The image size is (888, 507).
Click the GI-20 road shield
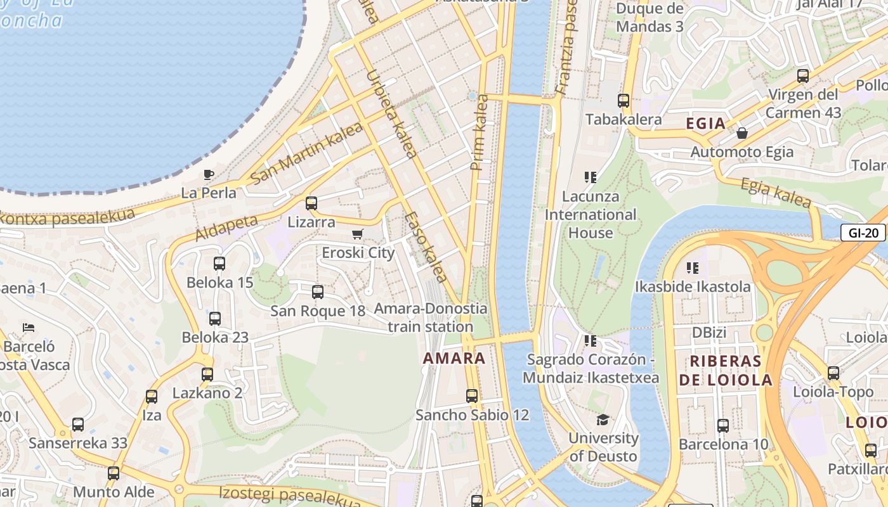(x=863, y=233)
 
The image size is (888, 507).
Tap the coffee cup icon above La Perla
(x=208, y=175)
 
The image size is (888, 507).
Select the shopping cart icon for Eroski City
(x=358, y=234)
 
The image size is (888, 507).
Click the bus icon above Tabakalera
(x=624, y=100)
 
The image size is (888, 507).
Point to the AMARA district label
(x=454, y=358)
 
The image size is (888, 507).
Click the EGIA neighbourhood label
(x=706, y=124)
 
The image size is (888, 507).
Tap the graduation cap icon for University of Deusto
(x=603, y=420)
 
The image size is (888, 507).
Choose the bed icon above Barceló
(x=29, y=328)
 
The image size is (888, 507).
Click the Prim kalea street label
(x=479, y=132)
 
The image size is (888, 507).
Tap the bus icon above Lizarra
(x=311, y=203)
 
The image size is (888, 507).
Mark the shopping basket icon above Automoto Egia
(x=741, y=133)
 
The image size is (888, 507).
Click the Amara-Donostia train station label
(x=431, y=318)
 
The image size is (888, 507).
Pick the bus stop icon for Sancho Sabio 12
(x=471, y=396)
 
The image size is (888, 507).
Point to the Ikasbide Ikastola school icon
(x=693, y=268)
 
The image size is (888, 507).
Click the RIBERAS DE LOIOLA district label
(x=726, y=371)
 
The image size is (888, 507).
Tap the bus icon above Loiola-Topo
(x=833, y=373)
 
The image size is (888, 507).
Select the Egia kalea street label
(x=776, y=193)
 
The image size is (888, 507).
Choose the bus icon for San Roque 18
(x=317, y=292)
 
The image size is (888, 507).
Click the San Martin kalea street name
(x=306, y=153)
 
